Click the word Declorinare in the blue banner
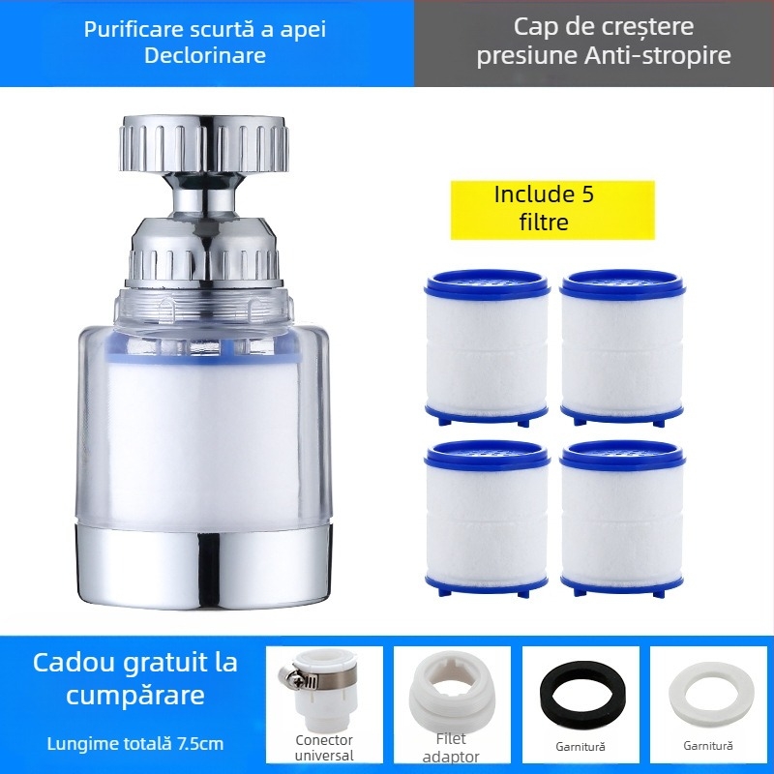(205, 56)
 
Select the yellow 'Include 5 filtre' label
(544, 208)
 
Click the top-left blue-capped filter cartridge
(487, 347)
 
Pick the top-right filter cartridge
(622, 347)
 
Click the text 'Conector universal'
(324, 747)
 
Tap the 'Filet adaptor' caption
(451, 749)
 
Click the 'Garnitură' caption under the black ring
(580, 746)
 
